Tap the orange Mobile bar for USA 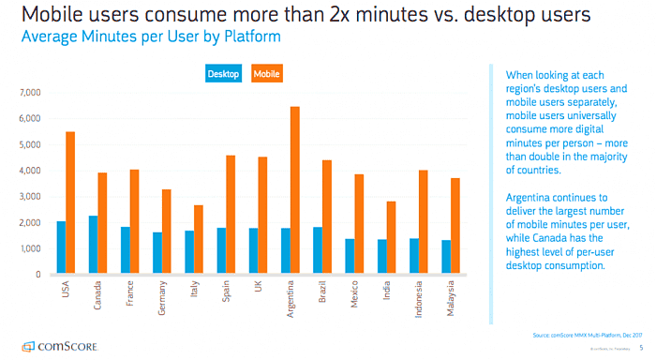pyautogui.click(x=70, y=202)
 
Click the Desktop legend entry pyautogui.click(x=223, y=73)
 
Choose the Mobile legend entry pyautogui.click(x=266, y=73)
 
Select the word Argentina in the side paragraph pyautogui.click(x=529, y=199)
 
